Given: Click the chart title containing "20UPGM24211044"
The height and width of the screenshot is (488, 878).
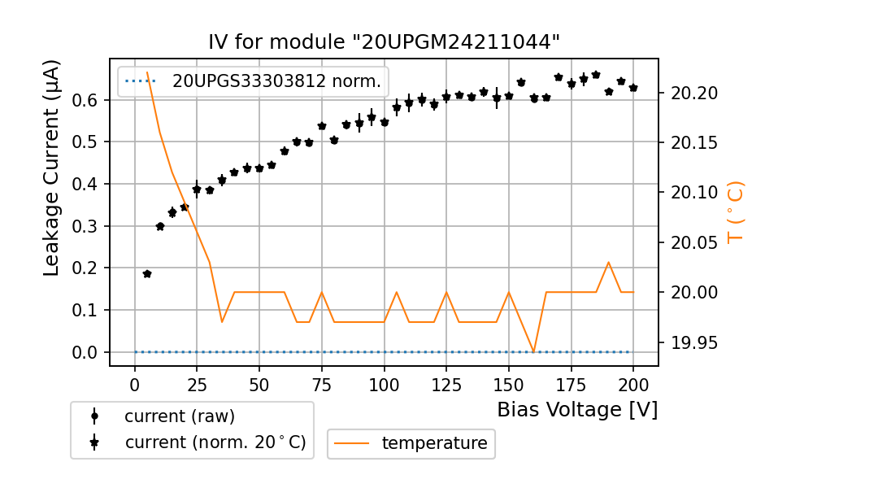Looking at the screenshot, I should point(385,42).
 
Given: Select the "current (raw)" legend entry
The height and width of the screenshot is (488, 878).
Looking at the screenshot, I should point(179,416).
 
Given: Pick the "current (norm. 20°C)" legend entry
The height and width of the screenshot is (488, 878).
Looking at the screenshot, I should point(215,442).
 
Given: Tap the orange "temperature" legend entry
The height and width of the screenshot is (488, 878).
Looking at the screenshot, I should point(434,443).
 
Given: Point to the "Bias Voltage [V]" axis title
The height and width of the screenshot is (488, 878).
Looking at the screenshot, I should point(577,410).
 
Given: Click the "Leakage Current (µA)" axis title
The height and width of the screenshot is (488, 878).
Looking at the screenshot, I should point(52,168).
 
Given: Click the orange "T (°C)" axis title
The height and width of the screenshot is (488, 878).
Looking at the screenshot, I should point(736,212).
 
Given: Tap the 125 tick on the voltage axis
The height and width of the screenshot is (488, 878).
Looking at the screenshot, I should point(446,383).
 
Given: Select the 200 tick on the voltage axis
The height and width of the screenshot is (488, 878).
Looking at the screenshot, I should point(633,383).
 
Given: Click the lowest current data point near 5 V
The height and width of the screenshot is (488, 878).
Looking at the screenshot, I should point(147,274).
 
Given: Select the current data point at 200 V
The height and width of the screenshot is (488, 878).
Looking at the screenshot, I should point(633,88).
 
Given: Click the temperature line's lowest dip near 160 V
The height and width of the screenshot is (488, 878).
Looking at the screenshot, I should point(534,352).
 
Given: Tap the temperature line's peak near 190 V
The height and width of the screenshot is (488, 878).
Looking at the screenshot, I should point(609,262).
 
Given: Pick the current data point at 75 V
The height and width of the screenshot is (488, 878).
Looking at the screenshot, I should point(322,126).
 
